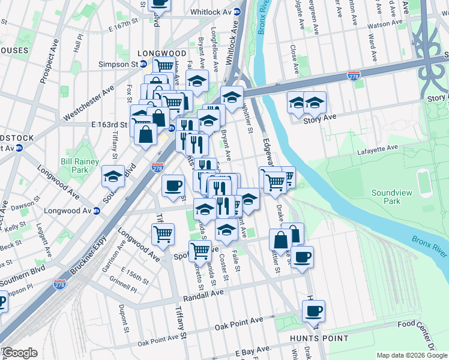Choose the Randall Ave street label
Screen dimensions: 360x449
tap(200, 292)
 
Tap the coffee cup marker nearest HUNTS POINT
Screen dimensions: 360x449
tap(313, 312)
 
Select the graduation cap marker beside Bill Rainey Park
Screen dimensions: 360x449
tap(112, 176)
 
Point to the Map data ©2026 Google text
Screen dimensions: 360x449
tap(411, 355)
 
